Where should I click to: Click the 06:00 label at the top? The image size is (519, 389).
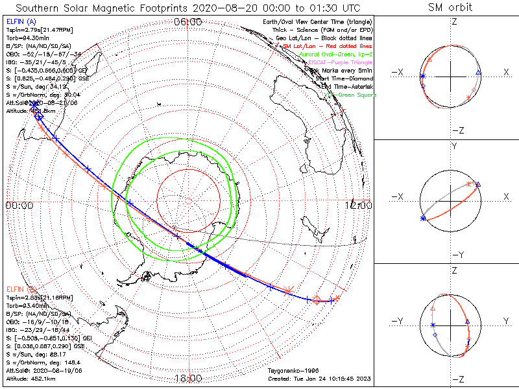click(188, 21)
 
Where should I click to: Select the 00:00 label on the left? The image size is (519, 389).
click(19, 205)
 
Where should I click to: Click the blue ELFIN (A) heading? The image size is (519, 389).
click(20, 21)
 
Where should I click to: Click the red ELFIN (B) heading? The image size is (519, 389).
click(20, 289)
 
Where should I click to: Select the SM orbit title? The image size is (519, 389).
click(450, 8)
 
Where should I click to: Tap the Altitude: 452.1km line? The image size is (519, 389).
click(30, 378)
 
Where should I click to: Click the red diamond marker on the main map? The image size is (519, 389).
click(317, 300)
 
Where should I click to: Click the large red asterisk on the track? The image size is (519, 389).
click(289, 288)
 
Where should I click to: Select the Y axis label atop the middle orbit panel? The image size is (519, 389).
click(454, 147)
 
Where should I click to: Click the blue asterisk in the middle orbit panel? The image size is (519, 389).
click(424, 219)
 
